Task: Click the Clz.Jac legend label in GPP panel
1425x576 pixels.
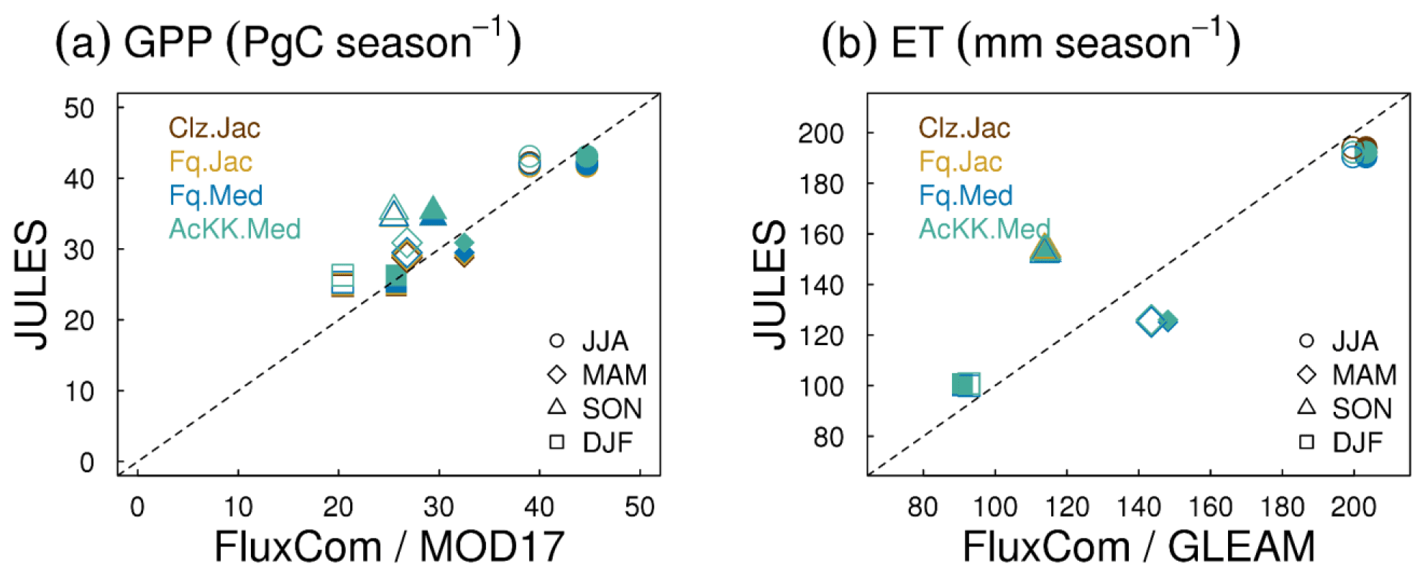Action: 214,128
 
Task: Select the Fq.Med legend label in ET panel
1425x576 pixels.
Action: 966,196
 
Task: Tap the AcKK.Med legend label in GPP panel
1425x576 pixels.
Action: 234,229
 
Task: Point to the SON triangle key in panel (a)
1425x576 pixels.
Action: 556,407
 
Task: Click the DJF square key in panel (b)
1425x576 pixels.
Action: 1306,442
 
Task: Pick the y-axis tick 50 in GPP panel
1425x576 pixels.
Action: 79,109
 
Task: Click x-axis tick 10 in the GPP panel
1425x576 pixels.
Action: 238,508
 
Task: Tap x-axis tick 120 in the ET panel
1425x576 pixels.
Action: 1067,508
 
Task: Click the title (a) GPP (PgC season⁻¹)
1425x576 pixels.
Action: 288,42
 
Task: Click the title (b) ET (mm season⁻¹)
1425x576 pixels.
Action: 1031,42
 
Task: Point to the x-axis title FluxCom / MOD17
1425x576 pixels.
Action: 389,547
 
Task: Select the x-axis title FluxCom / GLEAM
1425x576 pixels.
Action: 1139,547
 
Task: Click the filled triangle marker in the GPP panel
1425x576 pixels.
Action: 433,211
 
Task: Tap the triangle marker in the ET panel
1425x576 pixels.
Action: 1045,250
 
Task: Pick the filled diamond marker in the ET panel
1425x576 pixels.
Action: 1168,321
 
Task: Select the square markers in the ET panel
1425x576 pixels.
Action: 965,385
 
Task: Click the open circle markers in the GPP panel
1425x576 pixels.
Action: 529,160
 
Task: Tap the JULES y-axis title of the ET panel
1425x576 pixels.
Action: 769,284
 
